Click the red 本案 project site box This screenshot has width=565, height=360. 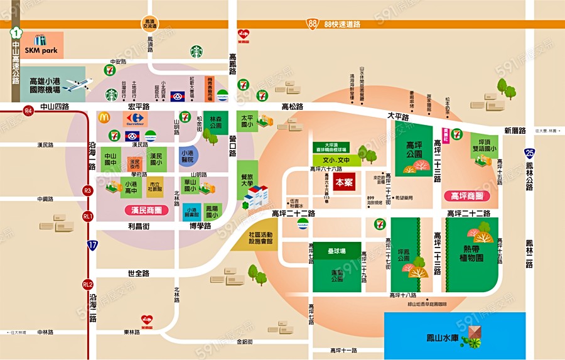tap(344, 183)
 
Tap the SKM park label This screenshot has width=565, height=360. tap(41, 49)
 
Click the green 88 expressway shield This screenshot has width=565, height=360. tap(313, 23)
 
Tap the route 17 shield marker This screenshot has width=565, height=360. tap(92, 245)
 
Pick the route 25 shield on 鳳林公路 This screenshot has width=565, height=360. tap(530, 153)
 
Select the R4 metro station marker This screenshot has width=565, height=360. tap(28, 111)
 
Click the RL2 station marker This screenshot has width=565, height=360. tap(88, 284)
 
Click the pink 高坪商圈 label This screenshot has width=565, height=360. tap(470, 196)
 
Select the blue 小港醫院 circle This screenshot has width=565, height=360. tap(187, 155)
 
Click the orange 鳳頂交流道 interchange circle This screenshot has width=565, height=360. tap(149, 23)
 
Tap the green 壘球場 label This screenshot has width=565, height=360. tap(336, 250)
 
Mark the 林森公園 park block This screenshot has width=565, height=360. tap(216, 122)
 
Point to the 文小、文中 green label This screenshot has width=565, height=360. tap(336, 160)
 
